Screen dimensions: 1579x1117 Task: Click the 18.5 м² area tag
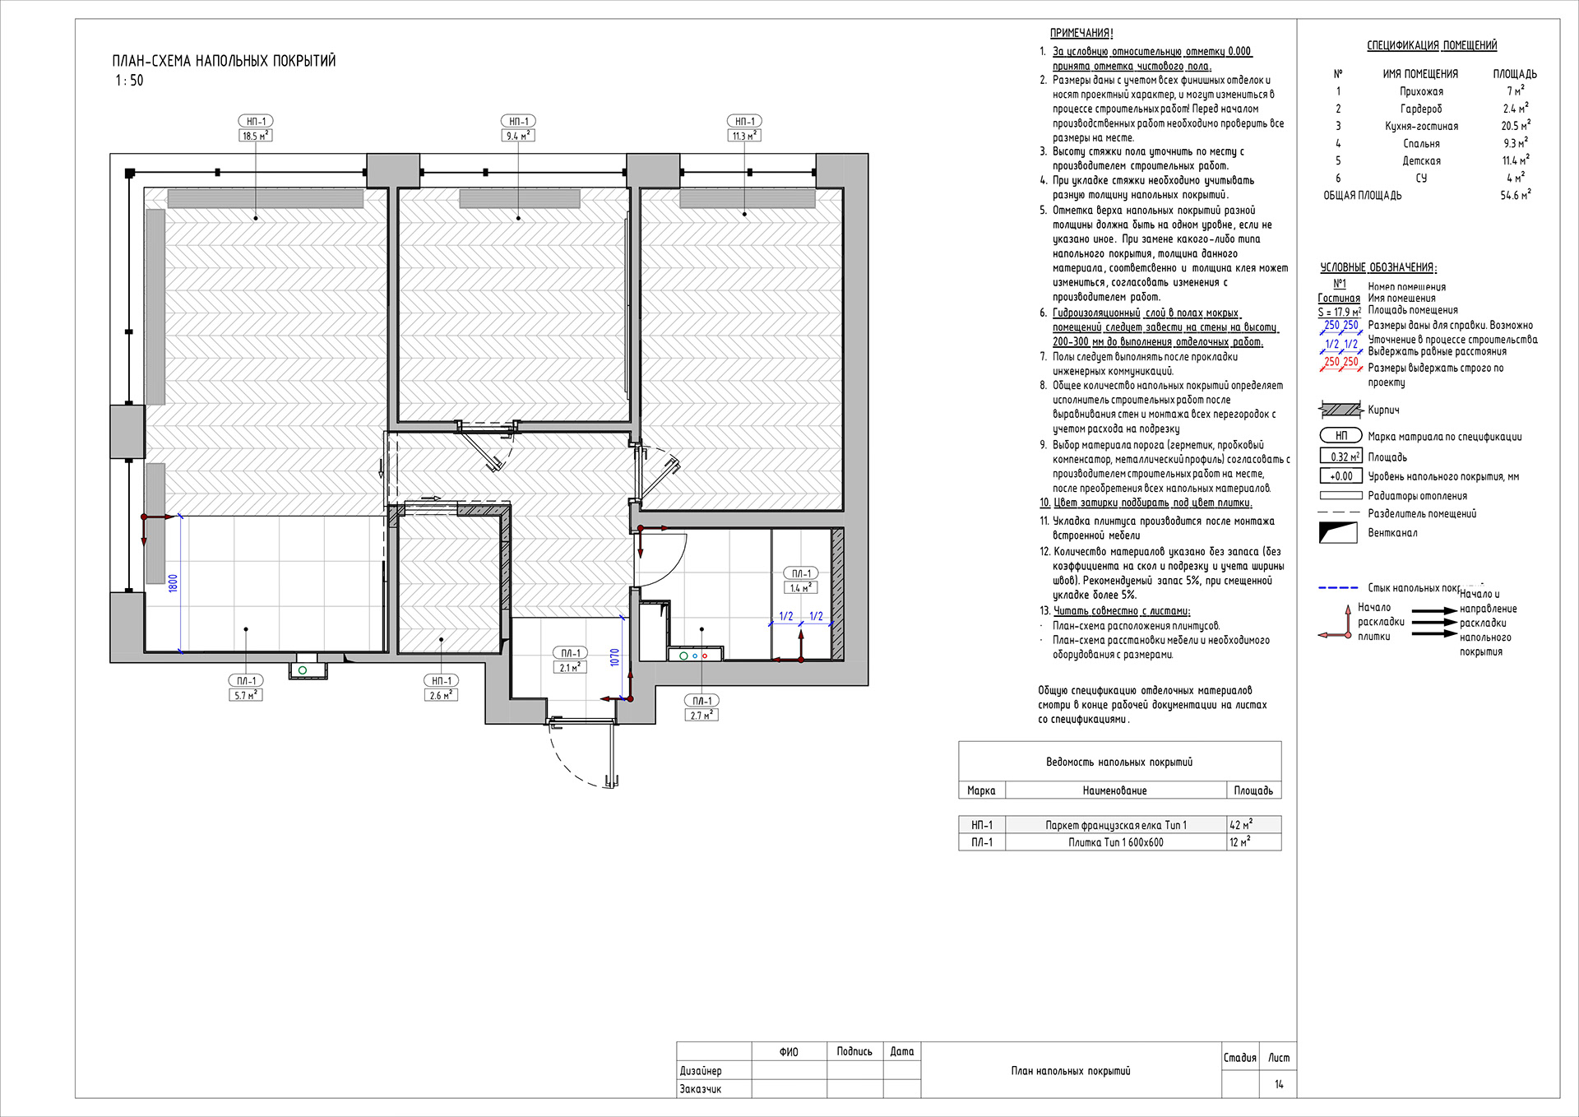[255, 136]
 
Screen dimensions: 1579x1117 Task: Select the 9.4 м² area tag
[518, 136]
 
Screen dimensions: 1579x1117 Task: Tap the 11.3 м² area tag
[744, 136]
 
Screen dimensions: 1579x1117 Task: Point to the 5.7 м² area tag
[246, 695]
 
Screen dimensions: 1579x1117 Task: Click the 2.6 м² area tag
[442, 695]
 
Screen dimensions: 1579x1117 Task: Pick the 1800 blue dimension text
[173, 583]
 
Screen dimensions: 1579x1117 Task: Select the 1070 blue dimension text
[614, 657]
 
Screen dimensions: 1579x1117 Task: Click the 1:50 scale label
[129, 81]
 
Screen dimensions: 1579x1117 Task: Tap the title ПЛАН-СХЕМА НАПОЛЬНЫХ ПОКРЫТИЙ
[224, 61]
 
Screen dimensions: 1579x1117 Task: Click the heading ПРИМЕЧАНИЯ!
[1081, 33]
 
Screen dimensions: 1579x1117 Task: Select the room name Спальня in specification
[1421, 144]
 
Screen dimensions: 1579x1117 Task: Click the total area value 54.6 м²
[1515, 195]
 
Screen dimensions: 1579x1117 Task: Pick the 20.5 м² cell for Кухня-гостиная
[1515, 126]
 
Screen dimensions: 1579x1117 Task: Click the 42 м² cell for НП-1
[1241, 824]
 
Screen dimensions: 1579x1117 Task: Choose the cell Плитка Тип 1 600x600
[1116, 842]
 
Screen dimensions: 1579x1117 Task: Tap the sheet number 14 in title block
[1279, 1084]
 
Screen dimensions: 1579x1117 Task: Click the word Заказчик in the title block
[701, 1089]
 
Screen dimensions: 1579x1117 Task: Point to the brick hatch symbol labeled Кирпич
[1341, 410]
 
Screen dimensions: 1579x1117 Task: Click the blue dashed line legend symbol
[1339, 588]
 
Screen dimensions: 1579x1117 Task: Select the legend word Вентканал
[1392, 533]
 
